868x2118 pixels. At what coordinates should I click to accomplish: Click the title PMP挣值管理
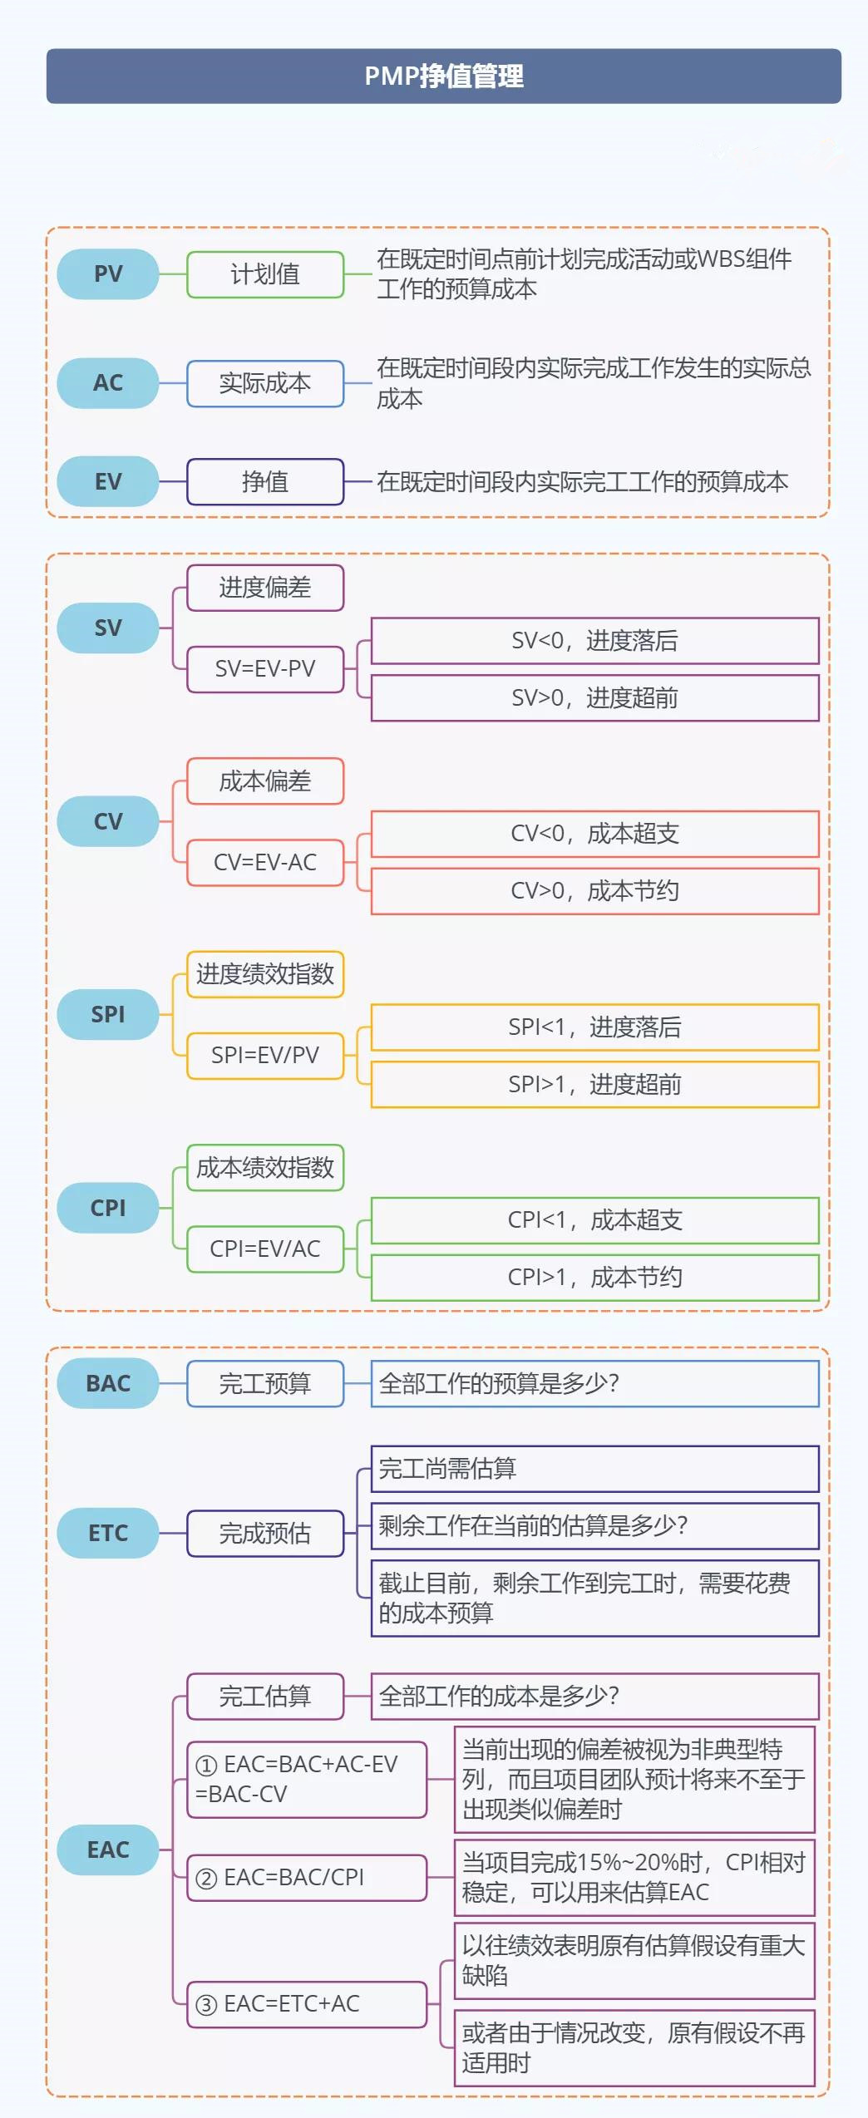tap(444, 76)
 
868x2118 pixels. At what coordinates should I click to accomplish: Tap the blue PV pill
tap(108, 274)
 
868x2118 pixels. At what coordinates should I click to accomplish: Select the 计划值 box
tap(265, 274)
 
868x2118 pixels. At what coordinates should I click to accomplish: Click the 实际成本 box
tap(265, 383)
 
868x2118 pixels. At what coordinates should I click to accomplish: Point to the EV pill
tap(108, 481)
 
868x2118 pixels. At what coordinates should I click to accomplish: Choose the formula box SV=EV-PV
tap(265, 669)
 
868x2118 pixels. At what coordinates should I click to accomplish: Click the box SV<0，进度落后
tap(595, 641)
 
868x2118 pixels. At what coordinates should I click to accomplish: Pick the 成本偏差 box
tap(265, 781)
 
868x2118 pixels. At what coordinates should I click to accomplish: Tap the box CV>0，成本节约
tap(595, 891)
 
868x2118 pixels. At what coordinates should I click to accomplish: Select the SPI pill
tap(108, 1014)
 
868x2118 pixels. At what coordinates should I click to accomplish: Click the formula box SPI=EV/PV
tap(265, 1056)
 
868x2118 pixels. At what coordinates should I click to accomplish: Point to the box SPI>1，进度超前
tap(595, 1084)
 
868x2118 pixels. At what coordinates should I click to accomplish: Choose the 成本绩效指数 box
tap(265, 1168)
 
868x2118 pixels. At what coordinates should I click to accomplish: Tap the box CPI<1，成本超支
tap(595, 1220)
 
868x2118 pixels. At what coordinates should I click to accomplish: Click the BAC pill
tap(108, 1383)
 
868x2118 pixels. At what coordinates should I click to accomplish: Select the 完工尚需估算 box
tap(595, 1469)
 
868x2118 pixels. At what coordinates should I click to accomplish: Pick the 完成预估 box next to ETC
tap(265, 1533)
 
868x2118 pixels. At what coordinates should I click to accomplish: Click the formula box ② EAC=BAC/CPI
tap(307, 1878)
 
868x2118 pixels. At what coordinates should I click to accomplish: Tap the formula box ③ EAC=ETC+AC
tap(307, 2004)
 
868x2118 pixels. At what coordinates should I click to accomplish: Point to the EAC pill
tap(108, 1850)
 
